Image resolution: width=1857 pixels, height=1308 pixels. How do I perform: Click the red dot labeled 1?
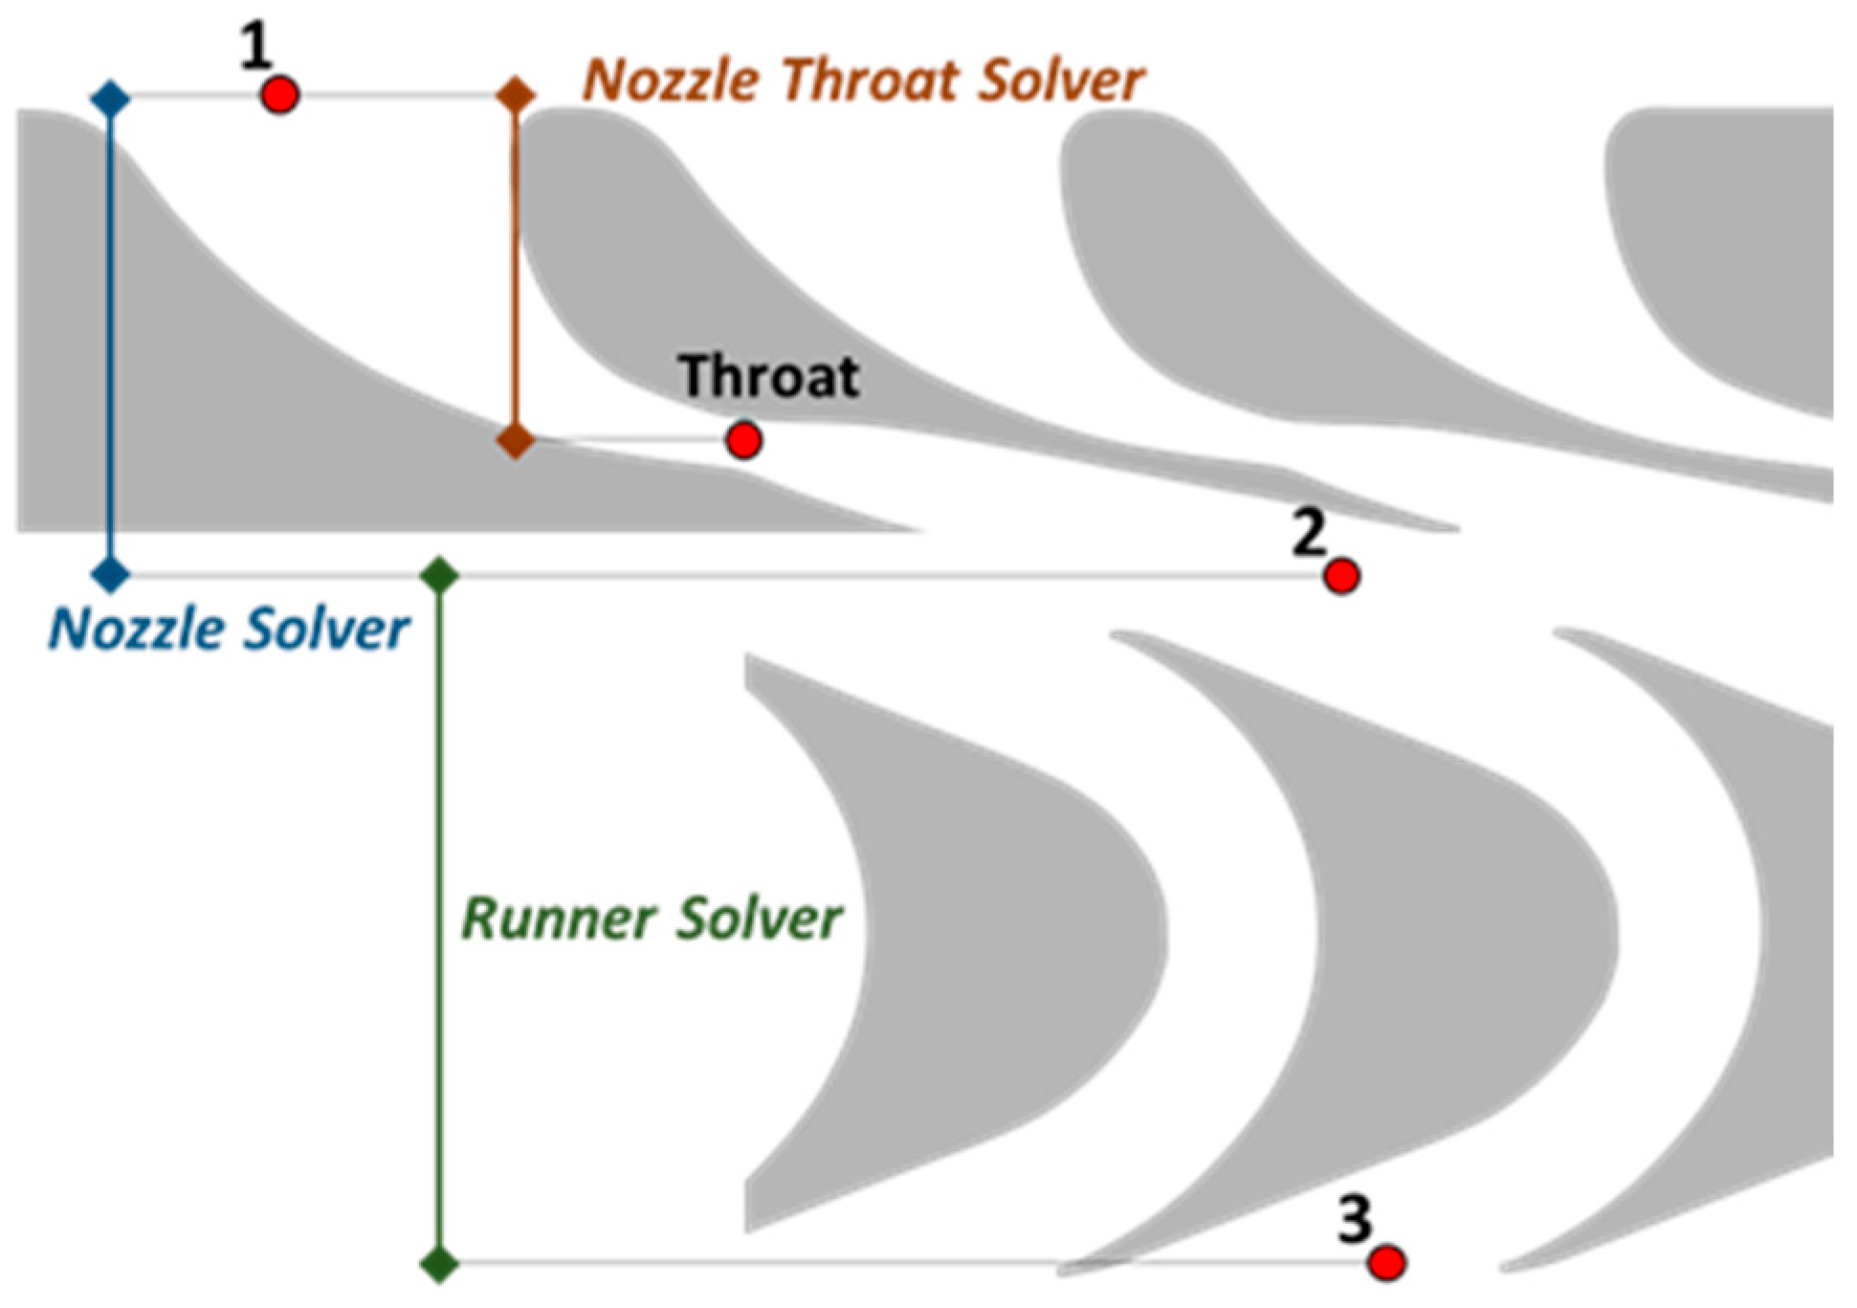pyautogui.click(x=280, y=96)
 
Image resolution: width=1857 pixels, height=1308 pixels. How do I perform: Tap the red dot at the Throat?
pyautogui.click(x=743, y=440)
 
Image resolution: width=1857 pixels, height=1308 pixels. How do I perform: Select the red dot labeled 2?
pyautogui.click(x=1341, y=576)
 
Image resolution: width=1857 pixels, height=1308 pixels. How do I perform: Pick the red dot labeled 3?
pyautogui.click(x=1385, y=1262)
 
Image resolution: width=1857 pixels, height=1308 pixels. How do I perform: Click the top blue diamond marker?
pyautogui.click(x=110, y=98)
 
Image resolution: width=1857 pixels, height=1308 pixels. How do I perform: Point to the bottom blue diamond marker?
pyautogui.click(x=110, y=575)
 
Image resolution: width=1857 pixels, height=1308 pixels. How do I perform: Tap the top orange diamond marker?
pyautogui.click(x=516, y=95)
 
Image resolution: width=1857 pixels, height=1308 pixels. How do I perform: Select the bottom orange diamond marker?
pyautogui.click(x=516, y=440)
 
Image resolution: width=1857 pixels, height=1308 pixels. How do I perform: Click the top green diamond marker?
pyautogui.click(x=440, y=575)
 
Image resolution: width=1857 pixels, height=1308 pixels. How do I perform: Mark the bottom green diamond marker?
pyautogui.click(x=440, y=1263)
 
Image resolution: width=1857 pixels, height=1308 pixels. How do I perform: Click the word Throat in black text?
pyautogui.click(x=769, y=376)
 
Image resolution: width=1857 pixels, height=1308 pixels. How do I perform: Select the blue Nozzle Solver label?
pyautogui.click(x=229, y=630)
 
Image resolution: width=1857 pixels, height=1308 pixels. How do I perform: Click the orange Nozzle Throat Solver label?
pyautogui.click(x=863, y=79)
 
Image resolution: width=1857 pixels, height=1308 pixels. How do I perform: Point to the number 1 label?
pyautogui.click(x=254, y=48)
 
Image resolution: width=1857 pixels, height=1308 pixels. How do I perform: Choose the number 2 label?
pyautogui.click(x=1308, y=533)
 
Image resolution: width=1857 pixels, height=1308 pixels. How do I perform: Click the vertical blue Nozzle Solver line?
pyautogui.click(x=110, y=335)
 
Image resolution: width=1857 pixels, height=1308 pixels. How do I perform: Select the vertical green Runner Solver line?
pyautogui.click(x=440, y=919)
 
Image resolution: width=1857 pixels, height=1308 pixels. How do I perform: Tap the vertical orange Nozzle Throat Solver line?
pyautogui.click(x=516, y=268)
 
